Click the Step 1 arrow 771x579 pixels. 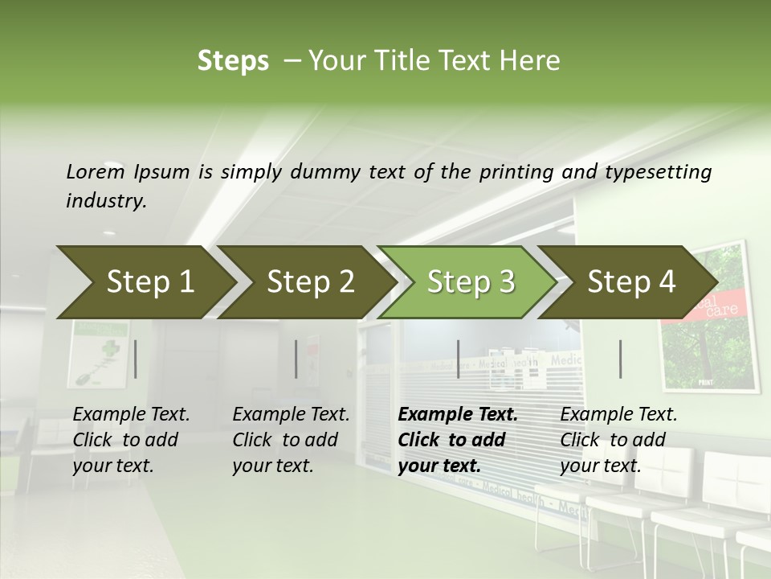point(150,282)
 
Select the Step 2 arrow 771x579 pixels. point(311,282)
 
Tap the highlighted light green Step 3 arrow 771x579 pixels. point(471,282)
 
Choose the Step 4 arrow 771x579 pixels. point(631,282)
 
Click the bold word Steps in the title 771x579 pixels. point(233,60)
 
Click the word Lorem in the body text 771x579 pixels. point(95,171)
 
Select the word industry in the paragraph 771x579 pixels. point(106,201)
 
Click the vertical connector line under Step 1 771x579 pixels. point(136,359)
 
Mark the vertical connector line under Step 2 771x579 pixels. point(296,359)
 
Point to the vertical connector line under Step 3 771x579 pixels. point(458,359)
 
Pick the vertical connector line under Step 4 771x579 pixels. point(621,359)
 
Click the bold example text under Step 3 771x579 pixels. point(458,440)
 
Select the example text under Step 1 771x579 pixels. point(131,440)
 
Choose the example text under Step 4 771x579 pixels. point(618,440)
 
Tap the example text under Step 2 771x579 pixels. point(291,440)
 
